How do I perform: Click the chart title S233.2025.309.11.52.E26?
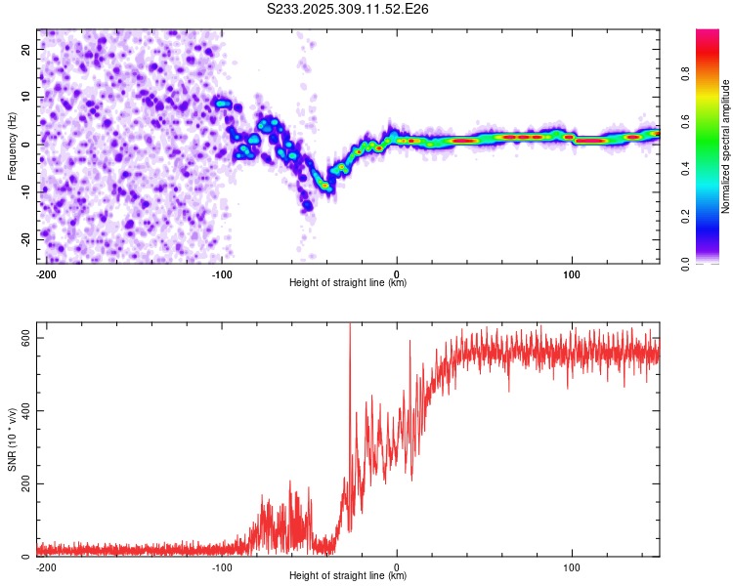tap(349, 9)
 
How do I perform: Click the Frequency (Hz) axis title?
tap(12, 146)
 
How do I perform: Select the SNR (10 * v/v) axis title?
tap(12, 439)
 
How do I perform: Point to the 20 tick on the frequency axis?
tap(25, 49)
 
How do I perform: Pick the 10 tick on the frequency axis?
tap(25, 97)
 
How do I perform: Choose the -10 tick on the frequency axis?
tap(23, 191)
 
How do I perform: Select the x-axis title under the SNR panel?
tap(348, 576)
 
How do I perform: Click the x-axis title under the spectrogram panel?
tap(348, 283)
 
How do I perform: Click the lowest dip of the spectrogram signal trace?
tap(307, 206)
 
